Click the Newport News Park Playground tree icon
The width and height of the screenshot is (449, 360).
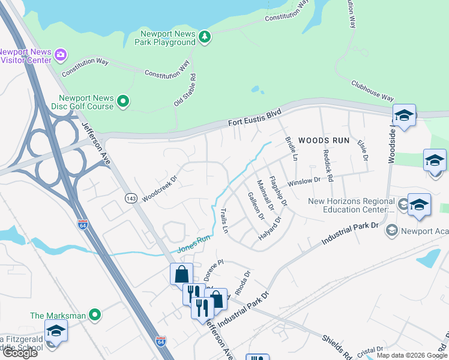(205, 37)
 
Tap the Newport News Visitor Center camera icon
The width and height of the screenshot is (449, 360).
(60, 55)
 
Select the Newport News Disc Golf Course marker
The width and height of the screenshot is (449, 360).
(123, 102)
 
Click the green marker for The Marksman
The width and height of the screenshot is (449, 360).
(94, 315)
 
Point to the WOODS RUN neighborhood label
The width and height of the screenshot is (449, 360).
(325, 139)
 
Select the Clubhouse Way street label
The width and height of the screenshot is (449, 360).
(372, 91)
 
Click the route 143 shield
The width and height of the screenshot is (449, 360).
(131, 198)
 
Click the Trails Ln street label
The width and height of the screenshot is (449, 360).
(224, 221)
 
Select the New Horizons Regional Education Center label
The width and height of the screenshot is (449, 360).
(351, 206)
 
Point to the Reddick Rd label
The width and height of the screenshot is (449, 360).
(328, 162)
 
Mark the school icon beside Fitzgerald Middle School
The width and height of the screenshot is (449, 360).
(55, 331)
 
